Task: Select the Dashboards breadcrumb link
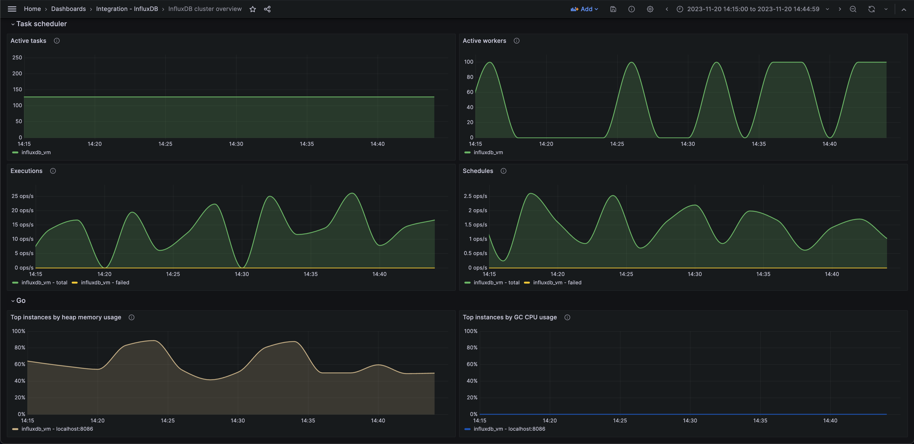click(x=69, y=9)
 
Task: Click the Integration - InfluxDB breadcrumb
click(x=127, y=9)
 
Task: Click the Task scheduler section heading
click(x=41, y=24)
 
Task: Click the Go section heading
click(x=21, y=300)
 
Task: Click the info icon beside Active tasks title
click(x=57, y=41)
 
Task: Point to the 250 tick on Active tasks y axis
click(x=17, y=57)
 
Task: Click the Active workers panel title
click(x=484, y=41)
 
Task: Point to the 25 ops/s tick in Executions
click(x=22, y=196)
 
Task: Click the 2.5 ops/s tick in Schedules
click(x=475, y=196)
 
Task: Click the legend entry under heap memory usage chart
click(x=57, y=429)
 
